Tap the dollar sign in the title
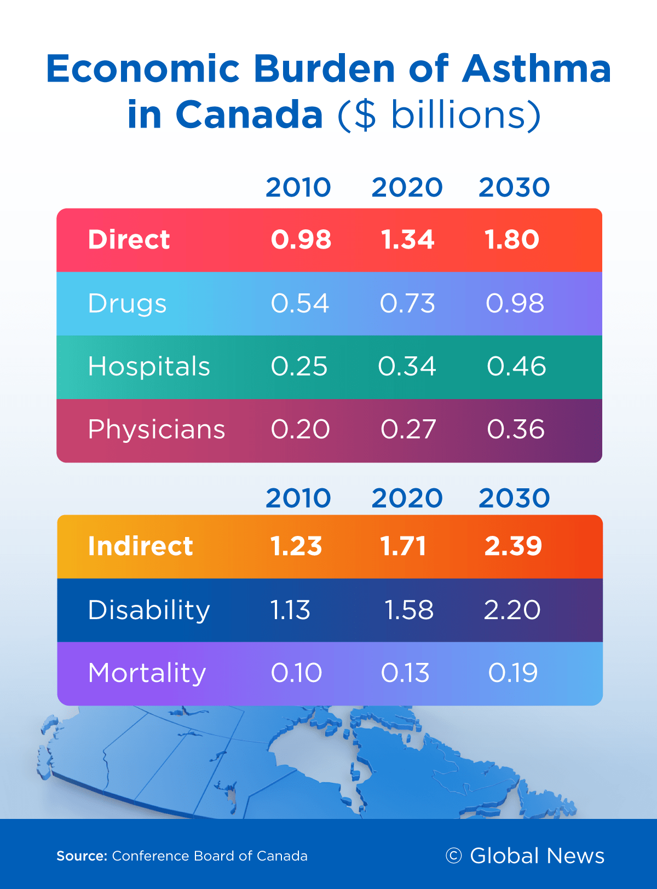[x=365, y=115]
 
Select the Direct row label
[x=129, y=239]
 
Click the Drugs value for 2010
[x=300, y=303]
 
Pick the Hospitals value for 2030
[x=516, y=366]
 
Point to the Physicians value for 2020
[x=408, y=429]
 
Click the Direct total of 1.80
[x=512, y=239]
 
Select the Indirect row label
[x=140, y=546]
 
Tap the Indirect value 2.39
[x=513, y=546]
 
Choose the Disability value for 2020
[x=409, y=610]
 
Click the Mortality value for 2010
[x=296, y=673]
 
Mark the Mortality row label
[x=147, y=673]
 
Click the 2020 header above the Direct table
[x=407, y=187]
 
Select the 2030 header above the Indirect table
[x=514, y=498]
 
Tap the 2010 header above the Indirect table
[x=298, y=498]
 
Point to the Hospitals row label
[x=149, y=367]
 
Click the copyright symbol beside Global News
[x=453, y=855]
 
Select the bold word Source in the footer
[x=82, y=856]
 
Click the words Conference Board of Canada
[x=210, y=856]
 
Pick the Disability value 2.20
[x=512, y=610]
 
